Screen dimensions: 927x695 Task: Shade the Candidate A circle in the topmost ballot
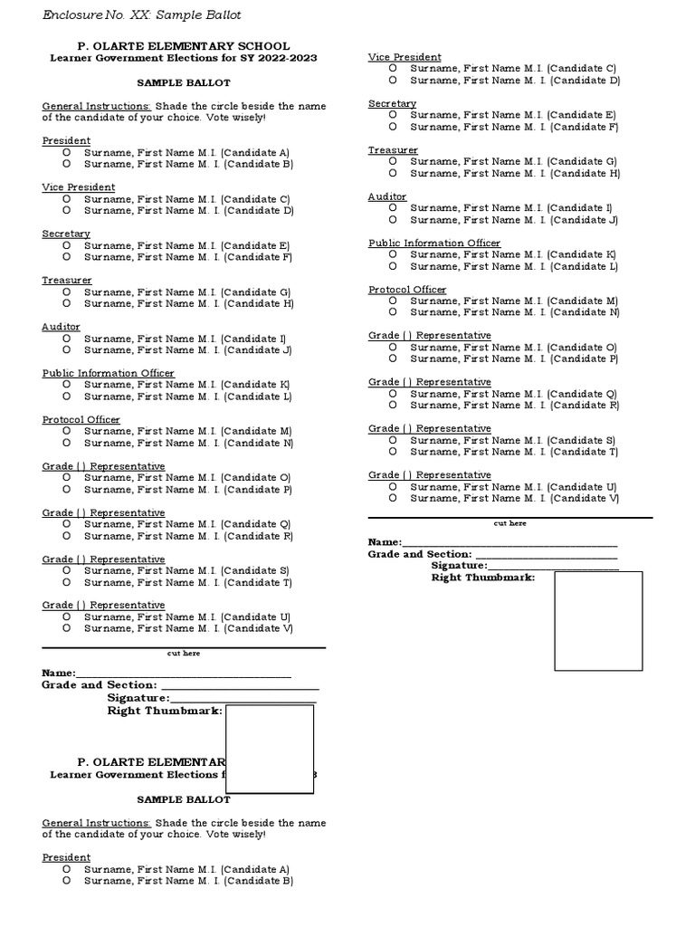pos(67,153)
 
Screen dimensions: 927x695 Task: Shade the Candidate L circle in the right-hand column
pos(393,266)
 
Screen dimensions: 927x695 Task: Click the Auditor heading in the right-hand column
pos(387,196)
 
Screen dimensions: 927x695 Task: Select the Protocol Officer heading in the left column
pos(81,420)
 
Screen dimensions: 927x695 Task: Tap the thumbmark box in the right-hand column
pos(598,621)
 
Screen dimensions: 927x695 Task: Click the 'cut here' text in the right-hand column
pos(509,523)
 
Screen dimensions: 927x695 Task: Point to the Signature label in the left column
pos(138,698)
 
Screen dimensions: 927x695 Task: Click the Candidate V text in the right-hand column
pos(584,498)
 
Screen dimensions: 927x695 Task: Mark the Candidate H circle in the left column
pos(67,303)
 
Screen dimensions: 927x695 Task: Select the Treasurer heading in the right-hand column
pos(393,150)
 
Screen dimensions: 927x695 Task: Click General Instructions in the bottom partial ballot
pos(97,823)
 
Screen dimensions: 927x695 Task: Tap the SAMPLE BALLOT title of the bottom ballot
pos(184,800)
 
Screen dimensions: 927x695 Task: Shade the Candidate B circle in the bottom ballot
pos(67,881)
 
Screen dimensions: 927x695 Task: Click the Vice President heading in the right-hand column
pos(405,57)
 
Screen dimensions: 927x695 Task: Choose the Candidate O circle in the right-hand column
pos(393,348)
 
